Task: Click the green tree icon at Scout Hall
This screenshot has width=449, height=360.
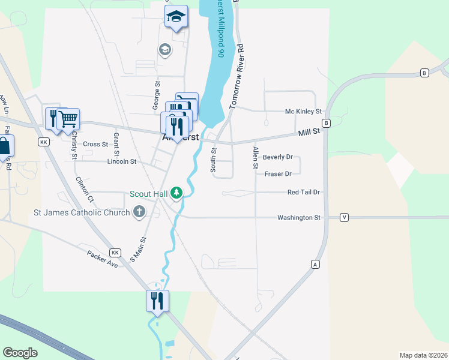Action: pos(176,193)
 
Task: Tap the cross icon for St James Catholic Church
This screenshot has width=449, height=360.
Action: pos(139,211)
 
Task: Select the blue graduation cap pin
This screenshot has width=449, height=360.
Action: pos(176,17)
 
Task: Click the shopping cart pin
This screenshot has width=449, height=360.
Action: pos(69,119)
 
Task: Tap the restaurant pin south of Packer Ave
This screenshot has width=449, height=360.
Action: pos(157,301)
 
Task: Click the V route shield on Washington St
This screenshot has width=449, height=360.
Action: pos(344,217)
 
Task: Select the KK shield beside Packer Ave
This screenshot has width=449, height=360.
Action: pos(115,253)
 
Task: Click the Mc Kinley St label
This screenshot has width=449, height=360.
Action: pos(303,112)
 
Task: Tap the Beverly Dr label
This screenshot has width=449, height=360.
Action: pos(277,157)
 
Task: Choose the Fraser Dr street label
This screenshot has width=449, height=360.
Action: pos(277,174)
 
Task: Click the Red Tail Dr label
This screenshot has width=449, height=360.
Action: pos(304,192)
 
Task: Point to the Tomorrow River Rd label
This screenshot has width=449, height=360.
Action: pos(235,76)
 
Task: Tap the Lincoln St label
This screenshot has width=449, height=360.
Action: pos(122,161)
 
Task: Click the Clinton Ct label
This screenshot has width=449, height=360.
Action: pos(84,188)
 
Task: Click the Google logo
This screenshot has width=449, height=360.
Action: pos(20,353)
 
